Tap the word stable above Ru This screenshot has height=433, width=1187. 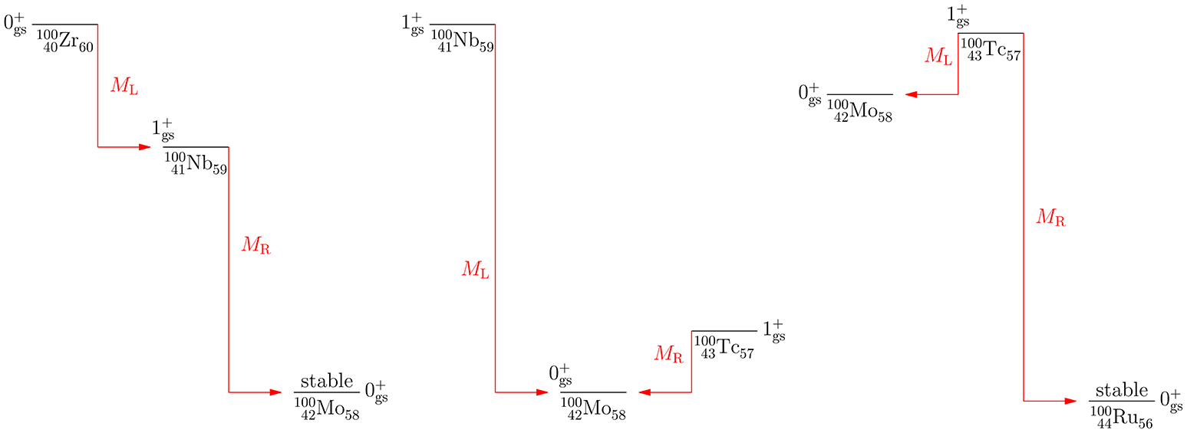1121,390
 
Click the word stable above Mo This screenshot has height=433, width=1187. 326,382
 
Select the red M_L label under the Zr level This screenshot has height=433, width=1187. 124,86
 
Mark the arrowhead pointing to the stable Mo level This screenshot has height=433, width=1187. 274,392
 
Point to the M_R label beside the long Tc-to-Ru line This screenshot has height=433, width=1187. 1050,218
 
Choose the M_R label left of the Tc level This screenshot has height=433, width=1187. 668,353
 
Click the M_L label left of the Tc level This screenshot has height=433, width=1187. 938,56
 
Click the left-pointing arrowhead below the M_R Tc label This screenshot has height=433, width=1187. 645,392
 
